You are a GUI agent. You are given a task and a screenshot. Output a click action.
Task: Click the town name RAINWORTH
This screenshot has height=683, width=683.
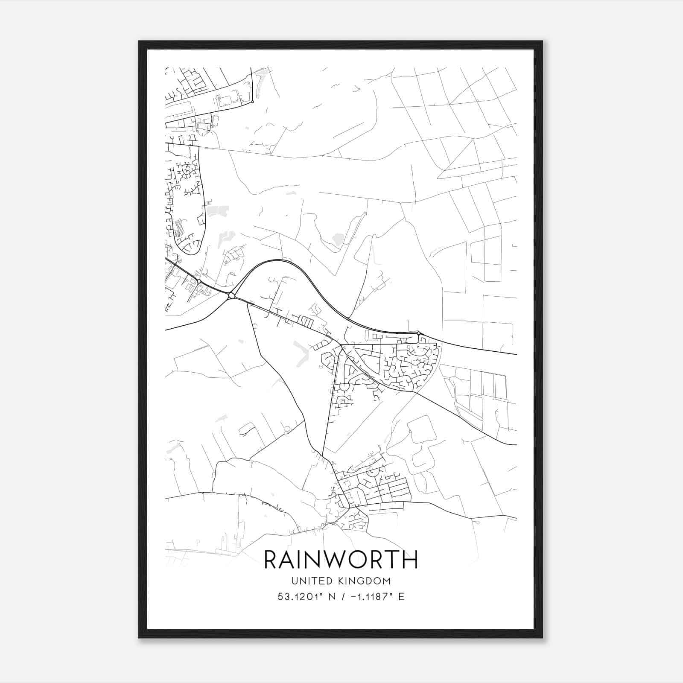tap(341, 560)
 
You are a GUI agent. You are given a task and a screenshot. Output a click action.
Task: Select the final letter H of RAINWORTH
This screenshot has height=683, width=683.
tap(410, 560)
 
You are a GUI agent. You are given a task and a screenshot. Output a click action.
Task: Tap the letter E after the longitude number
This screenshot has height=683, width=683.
tap(401, 597)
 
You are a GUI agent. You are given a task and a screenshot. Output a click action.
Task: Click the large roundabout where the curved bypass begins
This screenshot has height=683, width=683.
tap(231, 295)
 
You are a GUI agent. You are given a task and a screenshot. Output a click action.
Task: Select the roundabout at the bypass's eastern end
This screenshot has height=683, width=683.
tap(419, 333)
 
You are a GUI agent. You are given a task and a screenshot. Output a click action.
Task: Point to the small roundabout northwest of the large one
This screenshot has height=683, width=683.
tap(199, 282)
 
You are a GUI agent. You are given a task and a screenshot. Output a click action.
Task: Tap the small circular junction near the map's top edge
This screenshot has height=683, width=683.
tap(252, 102)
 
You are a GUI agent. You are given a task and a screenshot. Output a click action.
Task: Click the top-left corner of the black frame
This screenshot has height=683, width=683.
tap(139, 41)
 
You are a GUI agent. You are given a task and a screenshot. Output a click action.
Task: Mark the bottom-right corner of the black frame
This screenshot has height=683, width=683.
tap(542, 638)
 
